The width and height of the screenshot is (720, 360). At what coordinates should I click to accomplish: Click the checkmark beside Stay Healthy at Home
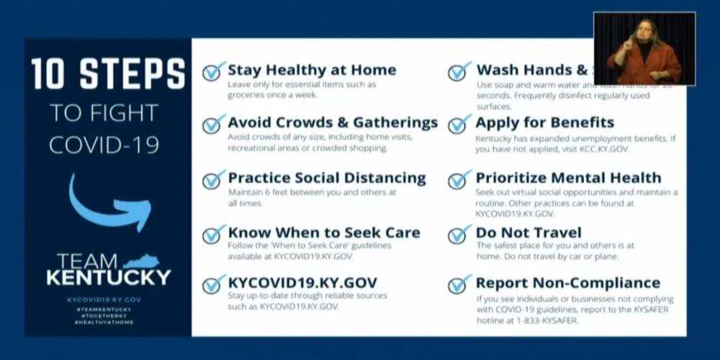(x=214, y=71)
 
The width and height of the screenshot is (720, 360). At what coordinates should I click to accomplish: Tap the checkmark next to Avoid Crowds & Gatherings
(x=214, y=124)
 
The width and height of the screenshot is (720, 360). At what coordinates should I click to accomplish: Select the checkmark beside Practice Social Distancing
(x=214, y=179)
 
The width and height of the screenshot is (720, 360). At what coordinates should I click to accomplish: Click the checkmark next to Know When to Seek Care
(x=214, y=234)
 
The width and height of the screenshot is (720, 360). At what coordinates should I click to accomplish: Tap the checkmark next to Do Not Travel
(x=459, y=234)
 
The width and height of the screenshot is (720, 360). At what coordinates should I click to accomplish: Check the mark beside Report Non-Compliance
(x=459, y=284)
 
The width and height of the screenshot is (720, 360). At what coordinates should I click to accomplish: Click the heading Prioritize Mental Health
(x=568, y=178)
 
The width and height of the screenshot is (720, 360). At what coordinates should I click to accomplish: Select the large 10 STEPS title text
(x=108, y=75)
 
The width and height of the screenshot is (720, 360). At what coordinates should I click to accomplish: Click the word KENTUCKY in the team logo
(x=109, y=277)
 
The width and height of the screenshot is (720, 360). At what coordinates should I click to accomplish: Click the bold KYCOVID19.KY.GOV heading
(x=302, y=282)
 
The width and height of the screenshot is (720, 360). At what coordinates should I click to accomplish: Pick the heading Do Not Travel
(x=528, y=233)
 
